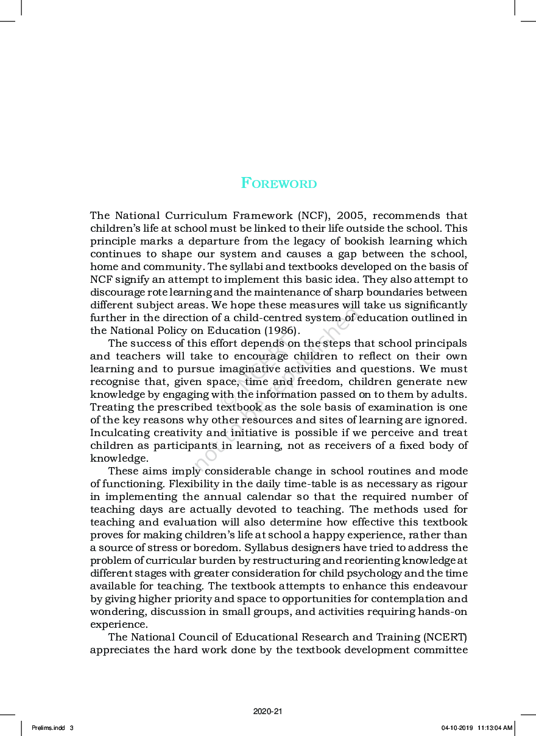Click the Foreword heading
[279, 183]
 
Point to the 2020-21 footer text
[268, 711]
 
